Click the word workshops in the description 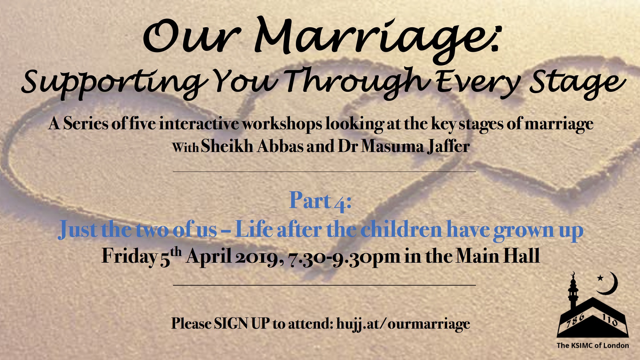[282, 124]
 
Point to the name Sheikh [227, 147]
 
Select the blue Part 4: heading [320, 201]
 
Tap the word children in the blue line [401, 229]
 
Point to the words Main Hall [498, 256]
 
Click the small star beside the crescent [600, 278]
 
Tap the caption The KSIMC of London [593, 346]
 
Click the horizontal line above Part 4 [324, 172]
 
